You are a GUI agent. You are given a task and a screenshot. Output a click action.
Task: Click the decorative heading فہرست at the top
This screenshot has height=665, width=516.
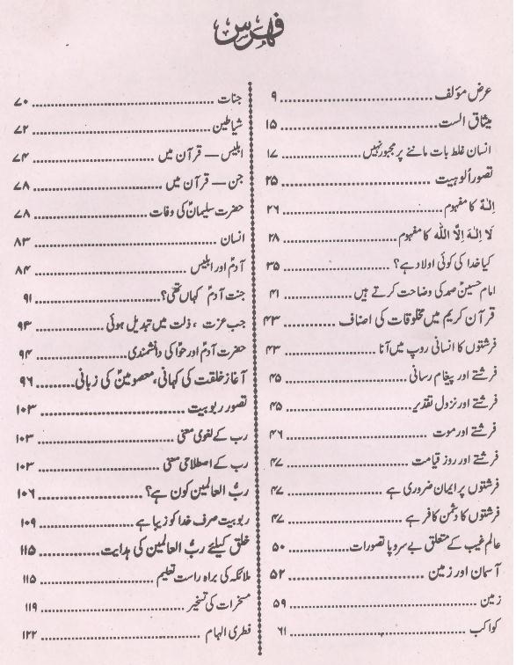[257, 38]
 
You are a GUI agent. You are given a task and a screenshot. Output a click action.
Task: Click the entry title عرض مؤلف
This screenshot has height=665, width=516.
[470, 92]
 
